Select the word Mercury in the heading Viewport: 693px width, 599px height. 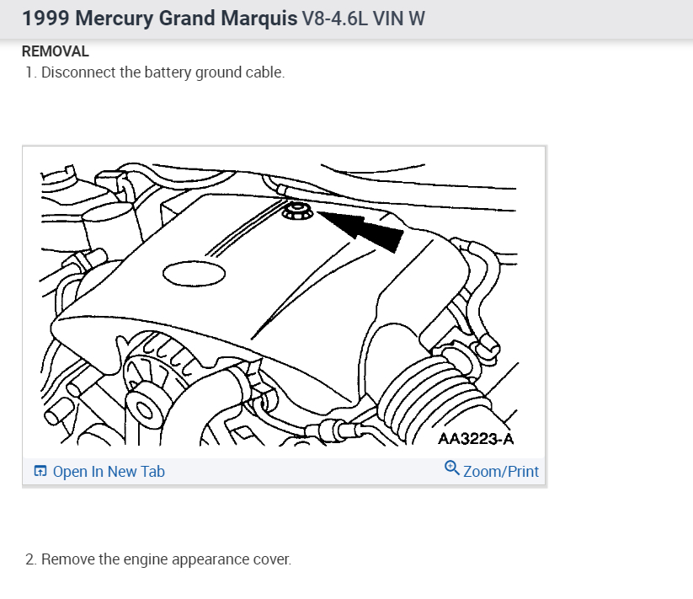(114, 19)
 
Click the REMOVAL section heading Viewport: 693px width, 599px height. (55, 51)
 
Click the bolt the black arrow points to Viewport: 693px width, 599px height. (296, 211)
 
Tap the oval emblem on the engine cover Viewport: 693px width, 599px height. (195, 273)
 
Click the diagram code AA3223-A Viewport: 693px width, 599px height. (476, 439)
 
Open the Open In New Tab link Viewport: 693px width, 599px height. (108, 472)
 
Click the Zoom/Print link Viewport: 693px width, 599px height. (500, 472)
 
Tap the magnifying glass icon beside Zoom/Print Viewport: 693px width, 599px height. (451, 469)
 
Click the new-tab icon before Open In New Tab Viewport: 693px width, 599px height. (40, 472)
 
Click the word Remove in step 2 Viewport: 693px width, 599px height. (67, 559)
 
